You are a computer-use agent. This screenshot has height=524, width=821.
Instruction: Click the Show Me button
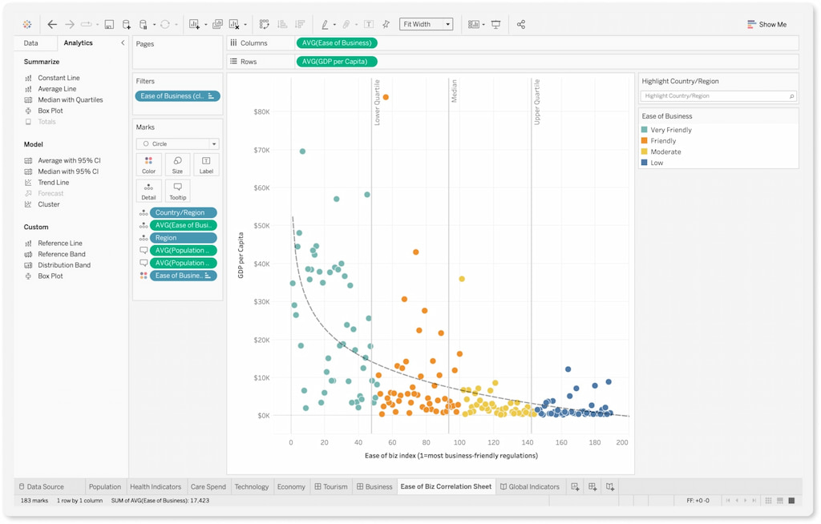[x=766, y=25]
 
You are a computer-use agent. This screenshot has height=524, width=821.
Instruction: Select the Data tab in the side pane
[x=30, y=43]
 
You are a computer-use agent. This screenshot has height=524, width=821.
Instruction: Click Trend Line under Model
[x=53, y=183]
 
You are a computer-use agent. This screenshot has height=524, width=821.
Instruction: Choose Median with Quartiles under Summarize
[x=70, y=100]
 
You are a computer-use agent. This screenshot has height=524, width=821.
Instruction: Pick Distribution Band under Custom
[x=63, y=265]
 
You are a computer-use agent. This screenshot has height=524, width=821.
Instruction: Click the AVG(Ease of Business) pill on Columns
[x=336, y=43]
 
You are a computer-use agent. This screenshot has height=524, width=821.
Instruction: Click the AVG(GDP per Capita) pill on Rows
[x=336, y=62]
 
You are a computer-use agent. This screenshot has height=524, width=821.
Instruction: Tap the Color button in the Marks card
[x=149, y=164]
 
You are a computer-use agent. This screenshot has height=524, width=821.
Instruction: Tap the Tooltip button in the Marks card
[x=177, y=190]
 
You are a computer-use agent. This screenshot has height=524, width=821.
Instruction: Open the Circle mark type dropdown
[x=177, y=144]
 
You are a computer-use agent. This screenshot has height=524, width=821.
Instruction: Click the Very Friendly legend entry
[x=670, y=130]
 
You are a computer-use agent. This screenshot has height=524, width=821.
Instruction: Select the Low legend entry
[x=657, y=163]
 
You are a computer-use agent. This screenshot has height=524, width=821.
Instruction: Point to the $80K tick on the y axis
[x=261, y=112]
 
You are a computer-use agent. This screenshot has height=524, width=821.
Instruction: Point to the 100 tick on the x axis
[x=459, y=442]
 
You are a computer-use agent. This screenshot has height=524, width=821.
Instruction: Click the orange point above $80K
[x=386, y=97]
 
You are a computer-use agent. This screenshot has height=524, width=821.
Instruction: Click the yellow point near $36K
[x=462, y=279]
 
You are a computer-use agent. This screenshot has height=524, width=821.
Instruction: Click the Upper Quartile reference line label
[x=537, y=102]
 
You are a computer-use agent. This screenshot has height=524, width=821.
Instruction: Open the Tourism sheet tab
[x=331, y=486]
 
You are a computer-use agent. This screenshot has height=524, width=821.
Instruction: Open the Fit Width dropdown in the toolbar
[x=426, y=25]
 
